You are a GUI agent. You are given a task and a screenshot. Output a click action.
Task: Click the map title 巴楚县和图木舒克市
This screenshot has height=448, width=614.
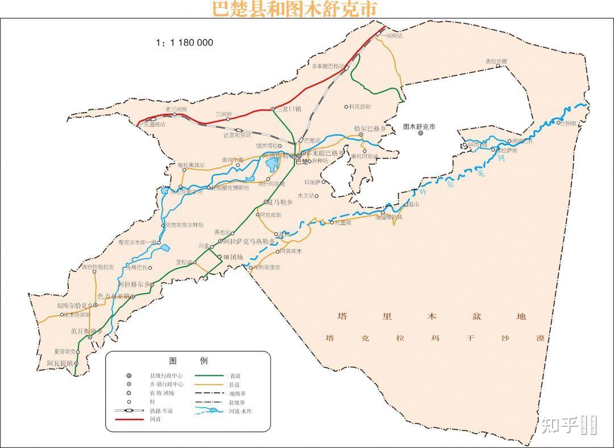coord(294,9)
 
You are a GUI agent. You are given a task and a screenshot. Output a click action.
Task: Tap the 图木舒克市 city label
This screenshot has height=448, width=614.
coord(419,126)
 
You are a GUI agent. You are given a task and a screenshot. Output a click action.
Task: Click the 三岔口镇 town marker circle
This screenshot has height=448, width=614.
coord(273,109)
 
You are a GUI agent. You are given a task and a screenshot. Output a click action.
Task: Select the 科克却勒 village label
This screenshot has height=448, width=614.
coord(360,106)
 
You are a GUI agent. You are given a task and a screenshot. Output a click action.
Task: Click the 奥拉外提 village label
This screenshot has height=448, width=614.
coord(496,61)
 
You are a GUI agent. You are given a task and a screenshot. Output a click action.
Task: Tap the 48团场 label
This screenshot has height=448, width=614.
coord(233,257)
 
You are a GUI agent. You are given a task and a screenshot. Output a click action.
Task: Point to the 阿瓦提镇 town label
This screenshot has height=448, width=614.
coord(60,362)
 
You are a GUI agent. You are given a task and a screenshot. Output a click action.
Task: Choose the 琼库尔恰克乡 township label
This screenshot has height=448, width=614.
coord(74,305)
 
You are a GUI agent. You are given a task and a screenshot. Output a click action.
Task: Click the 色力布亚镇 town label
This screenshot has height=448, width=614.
coord(114,296)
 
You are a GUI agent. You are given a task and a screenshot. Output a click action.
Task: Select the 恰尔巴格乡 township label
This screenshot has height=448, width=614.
coord(370,128)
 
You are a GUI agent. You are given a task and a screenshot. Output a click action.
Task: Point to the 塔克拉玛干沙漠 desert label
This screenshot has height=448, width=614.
coord(435,338)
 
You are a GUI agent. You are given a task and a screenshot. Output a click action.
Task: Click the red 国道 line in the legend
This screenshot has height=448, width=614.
coord(130,420)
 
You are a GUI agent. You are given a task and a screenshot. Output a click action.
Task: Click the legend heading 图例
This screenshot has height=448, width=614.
coord(188,361)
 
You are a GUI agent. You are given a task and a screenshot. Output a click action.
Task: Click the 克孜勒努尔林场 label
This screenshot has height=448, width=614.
coord(184,225)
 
